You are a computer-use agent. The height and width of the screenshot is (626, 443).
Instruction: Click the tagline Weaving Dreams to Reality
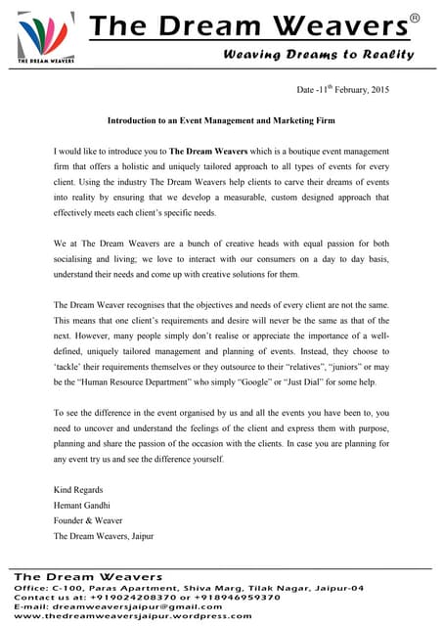[319, 54]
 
